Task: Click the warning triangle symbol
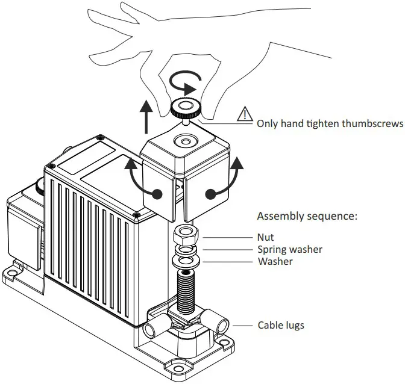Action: click(x=245, y=113)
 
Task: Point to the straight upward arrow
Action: click(x=145, y=117)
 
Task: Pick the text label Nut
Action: click(x=265, y=237)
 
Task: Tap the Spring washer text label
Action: click(x=289, y=249)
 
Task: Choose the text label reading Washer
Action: click(x=275, y=261)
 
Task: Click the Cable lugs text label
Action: click(x=281, y=325)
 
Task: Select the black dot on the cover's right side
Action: click(x=209, y=194)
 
